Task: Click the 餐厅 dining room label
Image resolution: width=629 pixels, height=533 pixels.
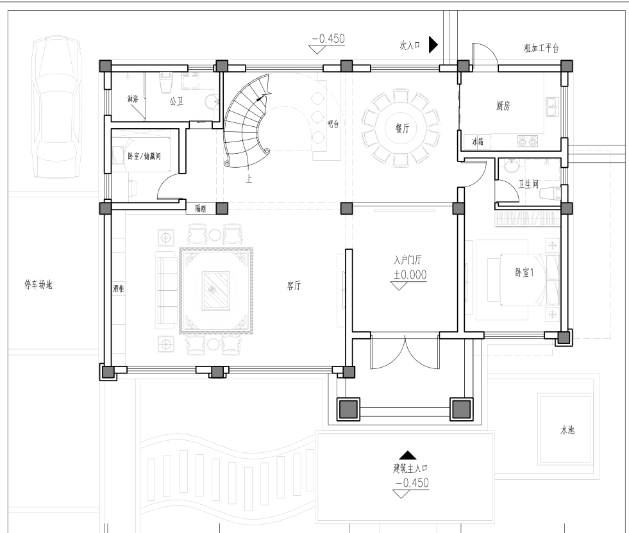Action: coord(403,128)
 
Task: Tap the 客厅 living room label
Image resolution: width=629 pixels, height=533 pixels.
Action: coord(294,285)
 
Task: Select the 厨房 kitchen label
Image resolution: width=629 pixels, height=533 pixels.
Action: coord(503,106)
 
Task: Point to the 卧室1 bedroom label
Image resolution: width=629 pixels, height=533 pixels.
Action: coord(524,273)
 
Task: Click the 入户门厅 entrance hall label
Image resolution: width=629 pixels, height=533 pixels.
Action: coord(408,260)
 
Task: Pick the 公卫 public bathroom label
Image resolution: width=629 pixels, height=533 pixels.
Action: coord(176,101)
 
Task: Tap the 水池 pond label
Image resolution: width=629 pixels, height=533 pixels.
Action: coord(567,430)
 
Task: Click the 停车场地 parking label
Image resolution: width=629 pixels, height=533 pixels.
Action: coord(38,285)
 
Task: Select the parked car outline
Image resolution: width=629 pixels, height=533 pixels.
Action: coord(57,106)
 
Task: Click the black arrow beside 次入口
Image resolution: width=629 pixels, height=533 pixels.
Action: coord(433,44)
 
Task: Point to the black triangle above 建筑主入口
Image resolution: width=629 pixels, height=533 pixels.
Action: coord(408,455)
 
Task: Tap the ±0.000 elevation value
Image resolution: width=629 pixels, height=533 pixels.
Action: coord(410,275)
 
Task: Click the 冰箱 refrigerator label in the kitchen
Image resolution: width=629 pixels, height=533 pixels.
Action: coord(478,142)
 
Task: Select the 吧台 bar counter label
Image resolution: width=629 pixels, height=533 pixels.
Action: coord(333,124)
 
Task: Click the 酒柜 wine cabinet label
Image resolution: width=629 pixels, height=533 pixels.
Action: coord(119,288)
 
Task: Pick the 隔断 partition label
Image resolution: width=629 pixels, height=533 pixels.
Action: coord(201,208)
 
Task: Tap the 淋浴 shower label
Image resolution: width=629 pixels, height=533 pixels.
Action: coord(133,99)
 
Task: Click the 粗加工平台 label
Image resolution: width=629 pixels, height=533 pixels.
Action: coord(541,48)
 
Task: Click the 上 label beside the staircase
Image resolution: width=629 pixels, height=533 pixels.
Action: coord(249,179)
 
